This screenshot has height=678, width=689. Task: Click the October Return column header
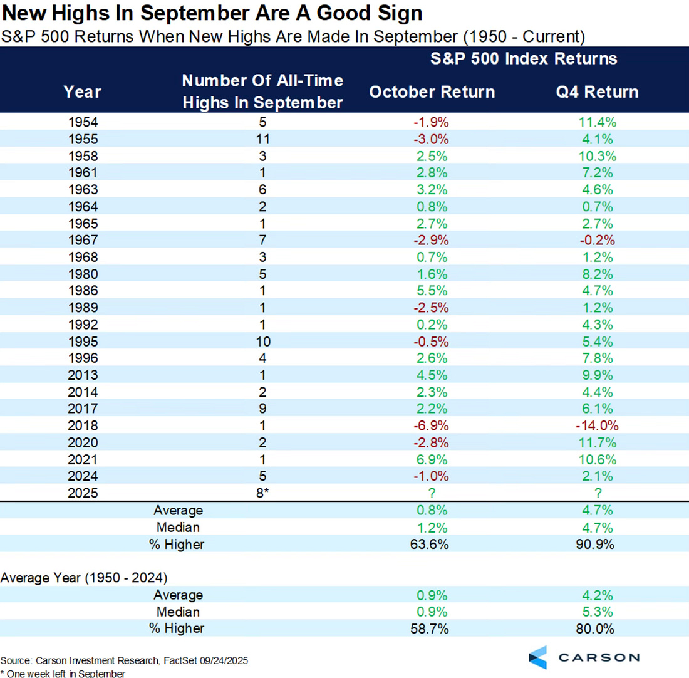click(432, 91)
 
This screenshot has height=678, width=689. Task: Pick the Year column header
click(82, 92)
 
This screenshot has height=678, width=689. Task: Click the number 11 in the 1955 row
click(262, 139)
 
